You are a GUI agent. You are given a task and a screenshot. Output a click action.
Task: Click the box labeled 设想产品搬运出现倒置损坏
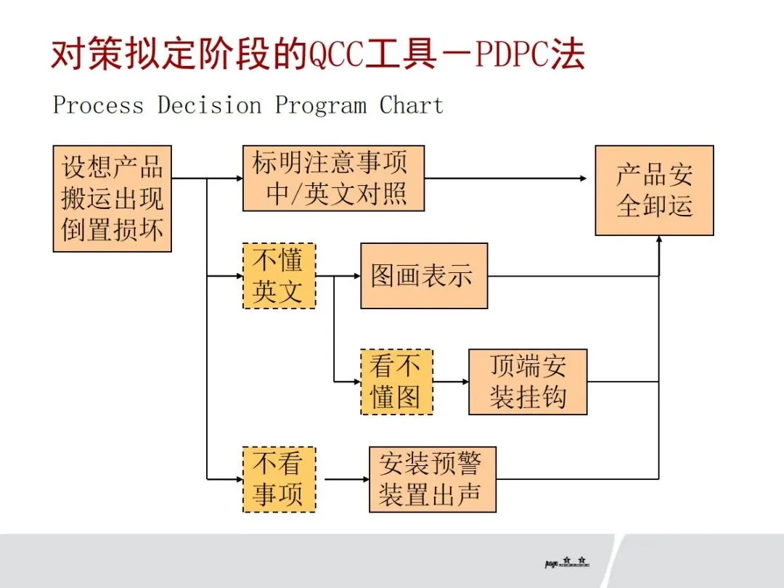click(x=113, y=198)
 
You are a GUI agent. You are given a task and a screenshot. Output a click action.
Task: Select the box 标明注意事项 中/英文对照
click(x=333, y=178)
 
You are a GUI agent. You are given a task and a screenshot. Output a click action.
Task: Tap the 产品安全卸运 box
click(x=654, y=190)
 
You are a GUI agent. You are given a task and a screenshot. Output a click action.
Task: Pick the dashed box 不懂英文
click(x=279, y=276)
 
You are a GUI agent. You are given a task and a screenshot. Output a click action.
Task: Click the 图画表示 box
click(x=424, y=276)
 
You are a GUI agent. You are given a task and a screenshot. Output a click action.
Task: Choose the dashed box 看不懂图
click(x=396, y=382)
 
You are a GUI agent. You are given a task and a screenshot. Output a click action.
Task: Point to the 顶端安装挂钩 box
click(x=528, y=382)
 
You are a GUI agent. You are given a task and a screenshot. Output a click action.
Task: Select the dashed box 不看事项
click(x=279, y=479)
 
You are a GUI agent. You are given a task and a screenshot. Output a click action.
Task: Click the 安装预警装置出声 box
click(x=433, y=479)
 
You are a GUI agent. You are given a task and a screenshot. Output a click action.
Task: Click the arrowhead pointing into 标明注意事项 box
click(x=238, y=178)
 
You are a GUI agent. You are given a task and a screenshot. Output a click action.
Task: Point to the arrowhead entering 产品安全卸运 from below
click(x=659, y=240)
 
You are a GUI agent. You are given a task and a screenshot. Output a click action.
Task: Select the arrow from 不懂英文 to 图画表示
click(x=338, y=276)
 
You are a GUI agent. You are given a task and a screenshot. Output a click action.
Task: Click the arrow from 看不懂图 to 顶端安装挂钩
click(x=450, y=382)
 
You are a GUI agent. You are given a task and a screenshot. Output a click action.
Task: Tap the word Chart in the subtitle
click(x=411, y=105)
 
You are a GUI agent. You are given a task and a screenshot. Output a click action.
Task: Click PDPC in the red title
click(x=516, y=56)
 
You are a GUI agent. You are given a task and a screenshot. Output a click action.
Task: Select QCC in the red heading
click(x=336, y=56)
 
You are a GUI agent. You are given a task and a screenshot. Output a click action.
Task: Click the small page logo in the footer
click(x=567, y=563)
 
